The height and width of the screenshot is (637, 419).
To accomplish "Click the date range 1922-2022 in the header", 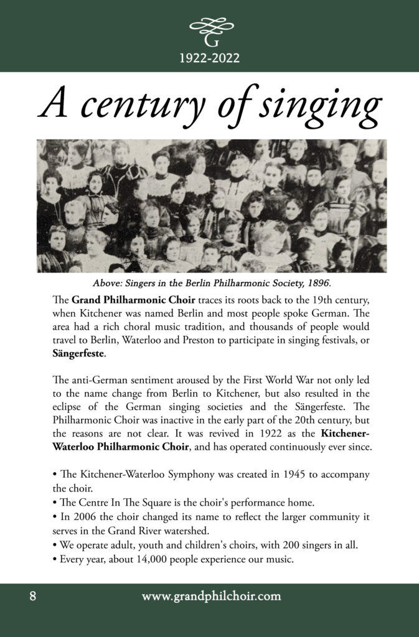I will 210,58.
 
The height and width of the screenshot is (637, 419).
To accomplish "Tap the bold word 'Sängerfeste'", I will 79,354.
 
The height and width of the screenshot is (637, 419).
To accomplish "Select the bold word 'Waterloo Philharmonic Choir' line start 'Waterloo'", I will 77,446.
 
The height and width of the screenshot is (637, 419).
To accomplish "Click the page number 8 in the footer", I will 32,597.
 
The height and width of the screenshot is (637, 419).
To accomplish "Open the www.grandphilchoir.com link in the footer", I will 211,597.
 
